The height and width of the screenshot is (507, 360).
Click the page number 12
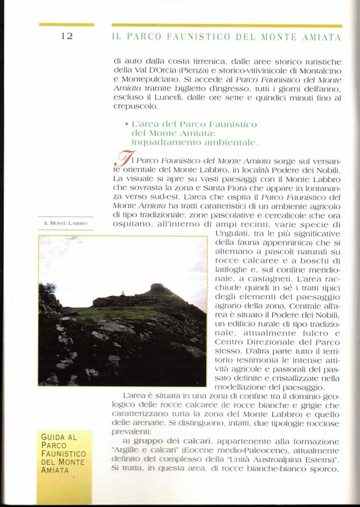(67, 36)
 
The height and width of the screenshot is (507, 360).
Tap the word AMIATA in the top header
(321, 36)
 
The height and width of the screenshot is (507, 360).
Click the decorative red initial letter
(123, 160)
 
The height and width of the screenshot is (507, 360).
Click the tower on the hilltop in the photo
(124, 294)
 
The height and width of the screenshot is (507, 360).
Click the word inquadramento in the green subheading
(161, 142)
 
